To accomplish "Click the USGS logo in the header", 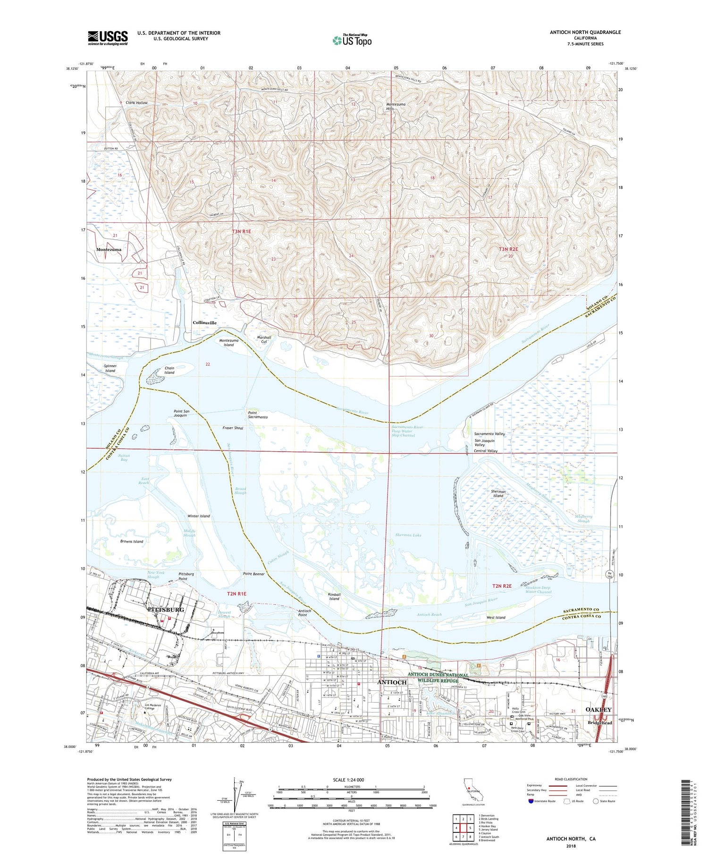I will pos(108,38).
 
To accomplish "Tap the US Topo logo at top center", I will pos(352,41).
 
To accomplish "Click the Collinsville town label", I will pos(204,323).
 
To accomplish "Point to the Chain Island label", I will pos(169,370).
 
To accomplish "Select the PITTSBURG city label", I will pos(166,610).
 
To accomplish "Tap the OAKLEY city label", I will pos(598,710).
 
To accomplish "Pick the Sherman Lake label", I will pos(408,535).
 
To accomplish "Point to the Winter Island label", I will pos(199,516).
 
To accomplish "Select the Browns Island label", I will pos(132,542).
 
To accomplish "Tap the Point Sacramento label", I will pos(258,415).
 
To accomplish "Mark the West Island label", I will pos(496,618).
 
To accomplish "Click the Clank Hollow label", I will pos(136,102).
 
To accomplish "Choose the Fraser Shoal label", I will pos(233,428).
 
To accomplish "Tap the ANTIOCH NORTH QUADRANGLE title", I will pos(585,32).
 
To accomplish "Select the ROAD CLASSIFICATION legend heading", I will pos(571,779).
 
